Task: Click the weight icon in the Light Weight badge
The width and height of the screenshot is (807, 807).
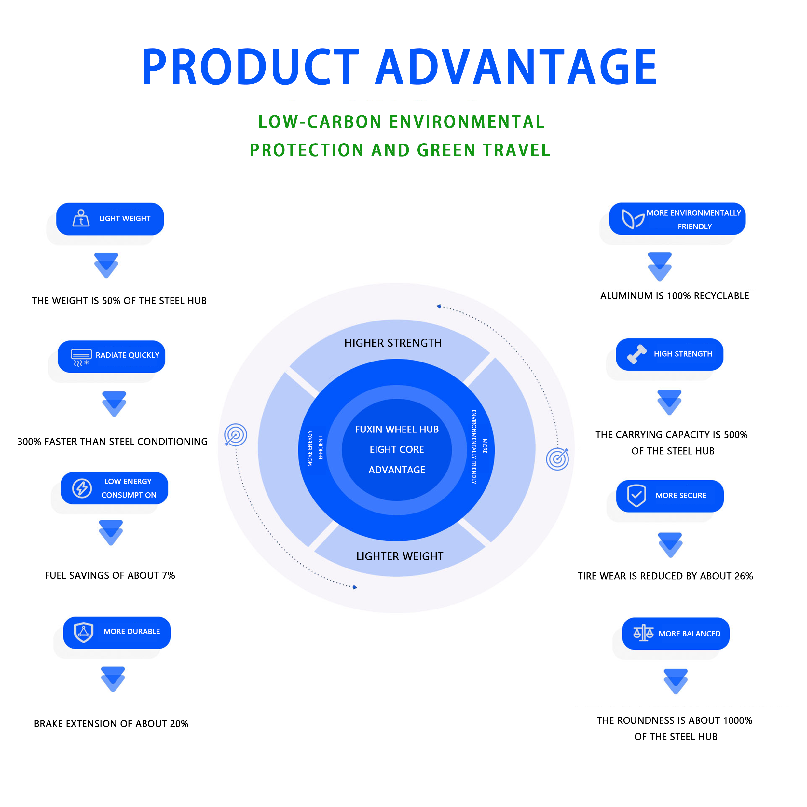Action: click(x=81, y=218)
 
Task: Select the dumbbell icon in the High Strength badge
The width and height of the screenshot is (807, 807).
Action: click(x=636, y=354)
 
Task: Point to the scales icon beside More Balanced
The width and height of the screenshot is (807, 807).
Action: click(x=643, y=633)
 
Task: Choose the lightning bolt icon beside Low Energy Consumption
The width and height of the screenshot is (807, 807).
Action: click(x=82, y=488)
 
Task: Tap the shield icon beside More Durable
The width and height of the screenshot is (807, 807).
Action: click(x=84, y=632)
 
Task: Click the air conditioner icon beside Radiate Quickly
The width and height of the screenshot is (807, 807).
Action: click(x=81, y=358)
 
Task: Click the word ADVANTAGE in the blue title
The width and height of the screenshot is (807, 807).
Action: click(x=516, y=67)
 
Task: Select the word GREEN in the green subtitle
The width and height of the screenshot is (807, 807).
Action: click(x=446, y=150)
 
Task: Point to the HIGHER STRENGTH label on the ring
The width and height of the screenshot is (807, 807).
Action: click(x=393, y=343)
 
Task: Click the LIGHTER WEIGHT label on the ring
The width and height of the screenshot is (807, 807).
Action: click(x=400, y=556)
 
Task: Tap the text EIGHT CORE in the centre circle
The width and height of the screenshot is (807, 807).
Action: click(x=397, y=449)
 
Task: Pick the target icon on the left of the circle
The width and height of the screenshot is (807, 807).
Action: click(x=236, y=435)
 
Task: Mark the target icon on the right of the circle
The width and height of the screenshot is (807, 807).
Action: click(x=558, y=458)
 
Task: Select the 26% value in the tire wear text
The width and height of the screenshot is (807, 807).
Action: click(x=744, y=576)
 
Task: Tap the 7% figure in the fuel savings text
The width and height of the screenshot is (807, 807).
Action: click(x=169, y=575)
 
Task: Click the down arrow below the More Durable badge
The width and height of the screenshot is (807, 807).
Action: click(x=113, y=679)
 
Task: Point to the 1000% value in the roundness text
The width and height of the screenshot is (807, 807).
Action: click(x=738, y=720)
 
